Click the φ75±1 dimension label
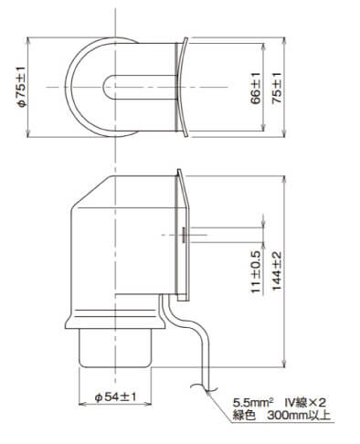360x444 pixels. [23, 87]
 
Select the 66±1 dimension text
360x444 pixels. [256, 89]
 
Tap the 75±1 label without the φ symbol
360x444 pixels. [277, 89]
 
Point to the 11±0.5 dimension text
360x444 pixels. [256, 272]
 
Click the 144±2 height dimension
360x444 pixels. [277, 271]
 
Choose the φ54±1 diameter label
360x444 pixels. [115, 396]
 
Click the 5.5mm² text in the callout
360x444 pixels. [252, 403]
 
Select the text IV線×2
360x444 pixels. [305, 403]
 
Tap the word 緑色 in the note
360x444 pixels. [244, 415]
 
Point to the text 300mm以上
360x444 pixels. [299, 415]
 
